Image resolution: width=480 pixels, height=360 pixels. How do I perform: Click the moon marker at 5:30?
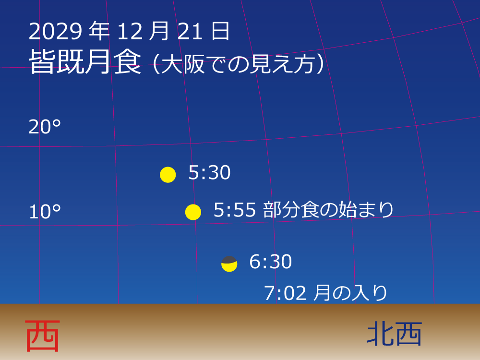(x=168, y=175)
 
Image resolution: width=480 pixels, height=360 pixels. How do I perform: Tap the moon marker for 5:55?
(x=193, y=212)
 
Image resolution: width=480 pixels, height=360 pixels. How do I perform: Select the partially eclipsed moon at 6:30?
(x=229, y=264)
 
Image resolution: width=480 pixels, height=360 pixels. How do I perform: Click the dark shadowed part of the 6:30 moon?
(x=229, y=260)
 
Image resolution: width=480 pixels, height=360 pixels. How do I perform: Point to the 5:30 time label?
(x=209, y=173)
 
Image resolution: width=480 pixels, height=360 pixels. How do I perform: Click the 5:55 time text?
(x=235, y=210)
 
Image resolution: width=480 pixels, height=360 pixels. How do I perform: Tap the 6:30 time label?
(x=270, y=262)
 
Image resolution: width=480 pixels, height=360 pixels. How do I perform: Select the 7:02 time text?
(x=286, y=293)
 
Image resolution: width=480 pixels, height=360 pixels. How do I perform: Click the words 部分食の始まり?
(x=328, y=210)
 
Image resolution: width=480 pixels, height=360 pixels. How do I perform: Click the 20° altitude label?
(x=45, y=127)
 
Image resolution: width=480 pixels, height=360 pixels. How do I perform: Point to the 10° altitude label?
(x=45, y=212)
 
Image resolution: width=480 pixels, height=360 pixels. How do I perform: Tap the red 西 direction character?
(x=42, y=336)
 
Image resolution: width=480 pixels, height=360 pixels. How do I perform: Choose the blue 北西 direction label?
(x=394, y=334)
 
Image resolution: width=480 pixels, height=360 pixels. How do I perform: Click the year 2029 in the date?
(x=55, y=32)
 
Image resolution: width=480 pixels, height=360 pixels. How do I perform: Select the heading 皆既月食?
(x=85, y=62)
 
